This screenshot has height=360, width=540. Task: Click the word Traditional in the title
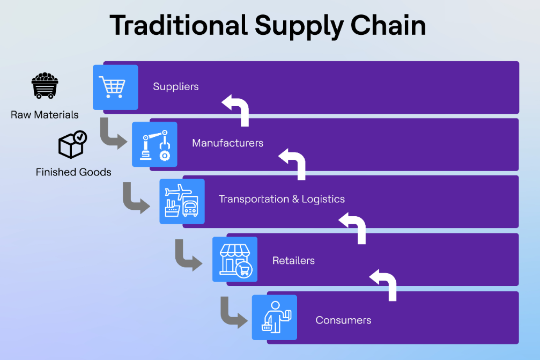(178, 25)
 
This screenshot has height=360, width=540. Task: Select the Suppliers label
(176, 86)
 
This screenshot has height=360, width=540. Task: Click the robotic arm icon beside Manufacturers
(154, 144)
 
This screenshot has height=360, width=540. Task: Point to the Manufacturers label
(227, 143)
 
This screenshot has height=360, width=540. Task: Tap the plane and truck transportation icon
(182, 201)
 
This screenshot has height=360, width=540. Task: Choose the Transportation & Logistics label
(282, 199)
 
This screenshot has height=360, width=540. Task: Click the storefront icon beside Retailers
(235, 259)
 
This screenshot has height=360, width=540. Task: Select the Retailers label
(293, 261)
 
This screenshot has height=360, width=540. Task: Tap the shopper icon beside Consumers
(275, 317)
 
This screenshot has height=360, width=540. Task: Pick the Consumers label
(343, 320)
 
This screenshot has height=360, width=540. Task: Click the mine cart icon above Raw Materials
(45, 86)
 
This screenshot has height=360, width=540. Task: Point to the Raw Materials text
(45, 115)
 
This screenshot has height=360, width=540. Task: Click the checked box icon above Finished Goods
(72, 144)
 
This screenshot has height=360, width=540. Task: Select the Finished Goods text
(73, 172)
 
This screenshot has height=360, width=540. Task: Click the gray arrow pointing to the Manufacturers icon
(112, 135)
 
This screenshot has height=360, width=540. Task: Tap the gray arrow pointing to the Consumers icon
(232, 313)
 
